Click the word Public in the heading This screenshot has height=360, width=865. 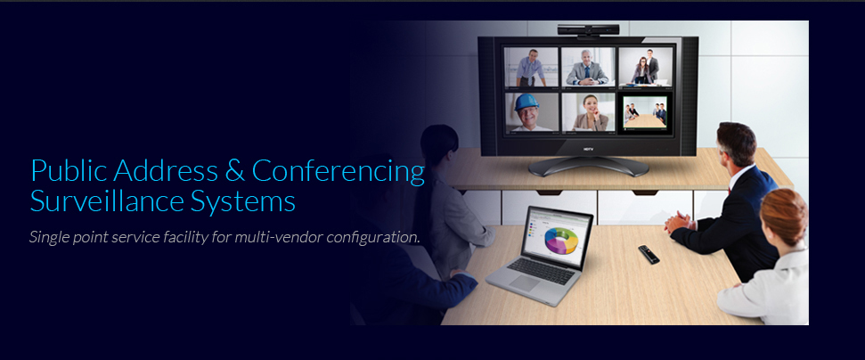pos(69,170)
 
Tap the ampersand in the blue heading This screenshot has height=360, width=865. pos(235,170)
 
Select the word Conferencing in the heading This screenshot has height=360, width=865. pos(339,172)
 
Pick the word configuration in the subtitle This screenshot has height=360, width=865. pos(373,238)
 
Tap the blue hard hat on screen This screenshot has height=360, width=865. pos(526,102)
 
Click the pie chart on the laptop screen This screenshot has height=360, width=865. pos(561,241)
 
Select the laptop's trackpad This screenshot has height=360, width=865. pos(524,283)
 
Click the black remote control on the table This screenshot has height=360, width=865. pos(649,254)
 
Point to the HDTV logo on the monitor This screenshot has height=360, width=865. pos(588,148)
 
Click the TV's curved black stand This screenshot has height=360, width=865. pos(588,166)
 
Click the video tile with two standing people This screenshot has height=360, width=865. pos(646,68)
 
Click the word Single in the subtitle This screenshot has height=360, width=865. pos(48,238)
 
